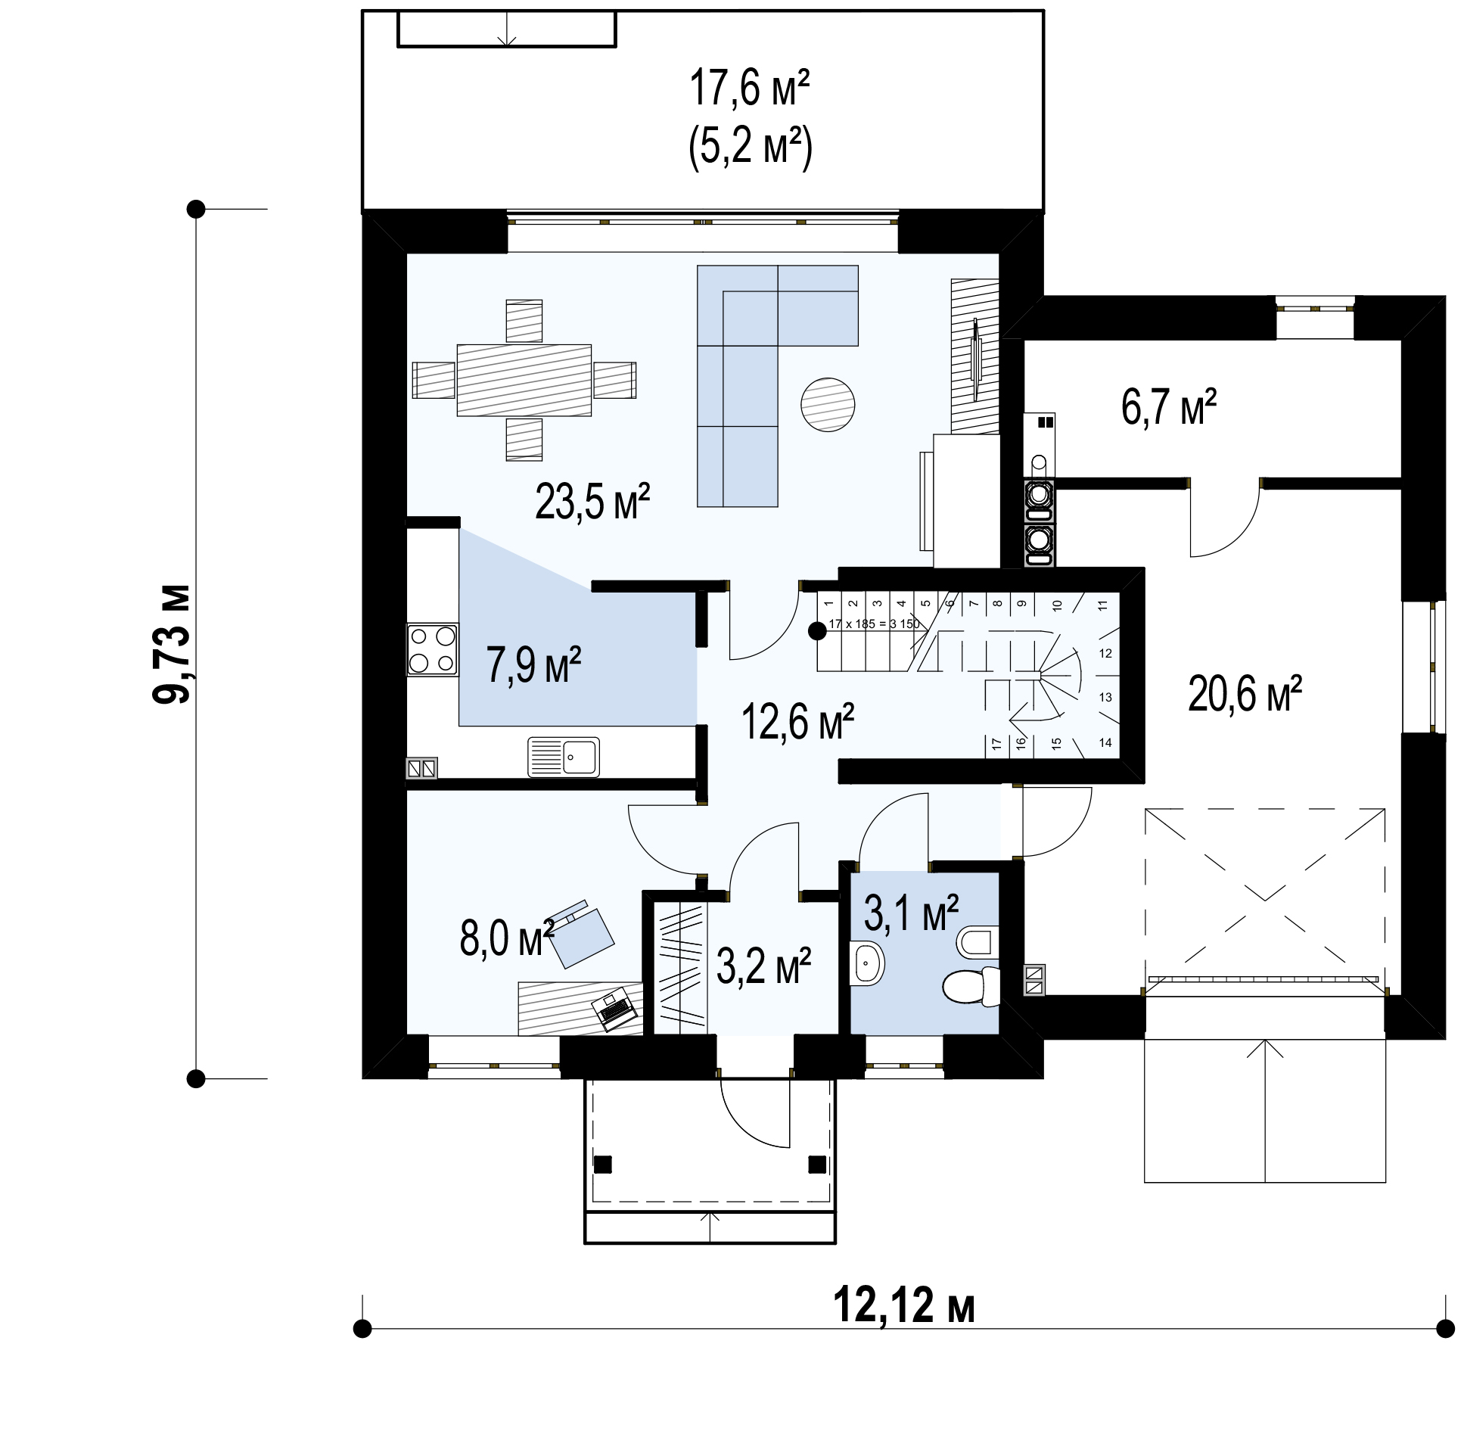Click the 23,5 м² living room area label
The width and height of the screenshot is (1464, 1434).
pos(592,502)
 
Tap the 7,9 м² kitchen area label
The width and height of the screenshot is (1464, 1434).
pos(533,665)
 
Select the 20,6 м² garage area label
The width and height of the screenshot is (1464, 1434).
pos(1245,694)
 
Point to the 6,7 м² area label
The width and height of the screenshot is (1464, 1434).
pos(1169,407)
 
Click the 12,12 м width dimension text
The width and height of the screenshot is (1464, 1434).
pos(904,1306)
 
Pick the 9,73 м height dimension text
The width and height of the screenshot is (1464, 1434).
pos(171,644)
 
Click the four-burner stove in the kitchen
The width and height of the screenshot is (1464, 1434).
pos(433,649)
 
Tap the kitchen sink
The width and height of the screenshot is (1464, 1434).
pos(564,756)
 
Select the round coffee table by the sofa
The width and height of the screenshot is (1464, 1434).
pos(828,405)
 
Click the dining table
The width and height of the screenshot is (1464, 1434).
pos(524,380)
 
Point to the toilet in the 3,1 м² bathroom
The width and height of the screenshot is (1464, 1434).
pos(971,986)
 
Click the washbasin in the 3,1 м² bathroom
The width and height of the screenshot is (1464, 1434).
pos(867,963)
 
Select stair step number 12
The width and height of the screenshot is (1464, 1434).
pos(1105,654)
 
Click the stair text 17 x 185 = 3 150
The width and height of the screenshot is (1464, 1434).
pos(874,624)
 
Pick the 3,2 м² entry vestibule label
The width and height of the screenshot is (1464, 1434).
pos(763,966)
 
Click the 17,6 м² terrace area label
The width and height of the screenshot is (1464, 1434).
pos(749,88)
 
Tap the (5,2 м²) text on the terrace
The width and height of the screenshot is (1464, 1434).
pos(750,146)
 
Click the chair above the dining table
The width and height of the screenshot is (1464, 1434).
pos(524,321)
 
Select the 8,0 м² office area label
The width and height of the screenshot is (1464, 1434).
pos(507,939)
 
